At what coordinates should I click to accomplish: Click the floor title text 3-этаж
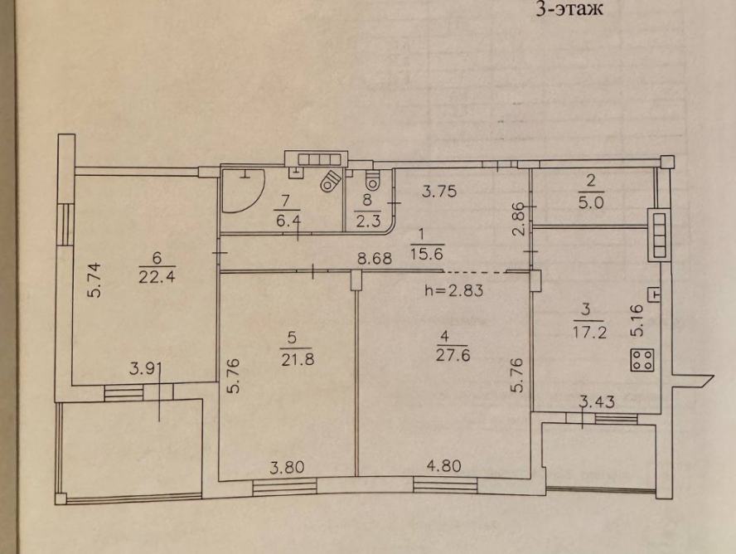point(569,9)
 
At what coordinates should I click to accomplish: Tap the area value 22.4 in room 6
point(157,277)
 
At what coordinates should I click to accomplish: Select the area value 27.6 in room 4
point(453,355)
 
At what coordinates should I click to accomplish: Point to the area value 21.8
point(298,359)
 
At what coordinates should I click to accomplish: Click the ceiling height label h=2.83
point(453,290)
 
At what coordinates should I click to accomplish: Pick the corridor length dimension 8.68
point(374,258)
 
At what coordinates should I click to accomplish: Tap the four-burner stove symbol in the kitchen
point(642,360)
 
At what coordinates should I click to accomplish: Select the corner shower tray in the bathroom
point(243,191)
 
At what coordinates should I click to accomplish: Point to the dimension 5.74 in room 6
point(96,280)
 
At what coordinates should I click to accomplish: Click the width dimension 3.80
point(287,467)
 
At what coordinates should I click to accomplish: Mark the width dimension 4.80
point(443,466)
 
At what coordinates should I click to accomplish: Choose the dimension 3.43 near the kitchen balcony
point(598,402)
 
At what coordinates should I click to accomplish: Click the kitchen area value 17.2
point(589,333)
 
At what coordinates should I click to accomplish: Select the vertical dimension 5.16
point(637,320)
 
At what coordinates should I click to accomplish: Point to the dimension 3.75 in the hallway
point(439,192)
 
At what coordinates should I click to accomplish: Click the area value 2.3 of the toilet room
point(367,221)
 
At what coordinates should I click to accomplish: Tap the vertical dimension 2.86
point(518,219)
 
